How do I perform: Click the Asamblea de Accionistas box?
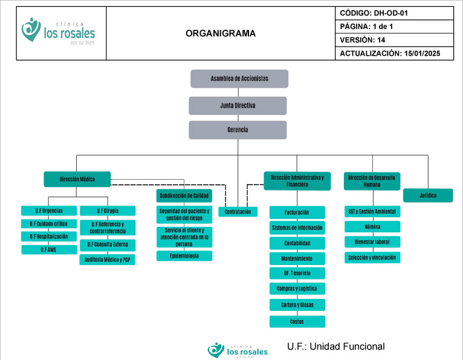click(x=239, y=79)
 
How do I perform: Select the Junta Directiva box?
click(x=238, y=105)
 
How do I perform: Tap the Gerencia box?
click(x=238, y=130)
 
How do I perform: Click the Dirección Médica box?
click(x=77, y=179)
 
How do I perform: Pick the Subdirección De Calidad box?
click(x=184, y=195)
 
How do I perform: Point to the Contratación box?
click(x=238, y=212)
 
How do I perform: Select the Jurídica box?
click(x=428, y=195)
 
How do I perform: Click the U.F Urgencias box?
click(x=49, y=211)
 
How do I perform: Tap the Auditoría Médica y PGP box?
click(x=108, y=260)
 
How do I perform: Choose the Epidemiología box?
click(x=184, y=256)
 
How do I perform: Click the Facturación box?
click(x=297, y=212)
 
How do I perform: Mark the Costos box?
click(x=297, y=321)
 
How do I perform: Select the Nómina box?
click(x=372, y=226)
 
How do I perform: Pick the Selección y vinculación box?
click(x=372, y=257)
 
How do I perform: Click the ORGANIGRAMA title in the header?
click(x=221, y=34)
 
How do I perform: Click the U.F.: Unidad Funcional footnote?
click(x=336, y=347)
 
